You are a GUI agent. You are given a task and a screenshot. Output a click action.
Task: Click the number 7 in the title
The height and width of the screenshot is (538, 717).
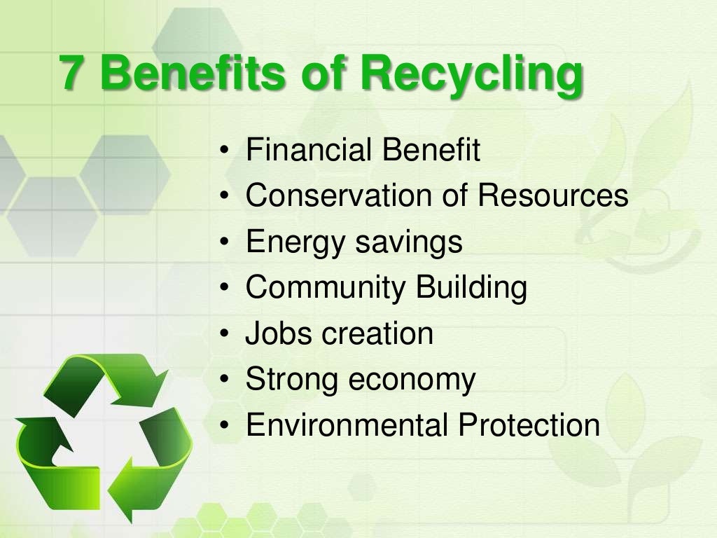point(71,73)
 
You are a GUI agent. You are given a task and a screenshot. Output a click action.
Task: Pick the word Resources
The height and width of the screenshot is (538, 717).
point(553,196)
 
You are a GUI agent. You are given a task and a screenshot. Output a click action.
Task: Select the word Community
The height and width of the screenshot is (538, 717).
point(326,288)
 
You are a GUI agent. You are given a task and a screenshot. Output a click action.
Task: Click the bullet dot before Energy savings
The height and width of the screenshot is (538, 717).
point(223,243)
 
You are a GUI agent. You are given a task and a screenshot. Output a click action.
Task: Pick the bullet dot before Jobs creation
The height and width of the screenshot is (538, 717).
point(223,334)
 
